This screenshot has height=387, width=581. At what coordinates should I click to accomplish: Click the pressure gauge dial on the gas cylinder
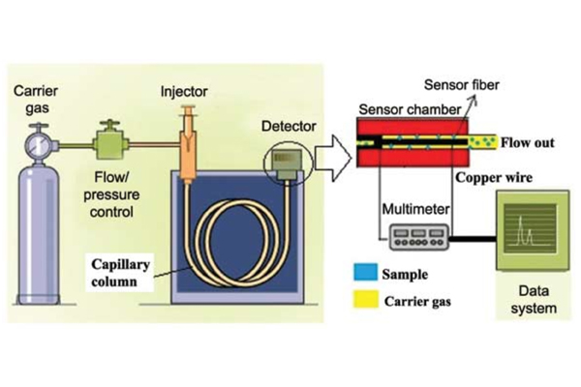[37, 145]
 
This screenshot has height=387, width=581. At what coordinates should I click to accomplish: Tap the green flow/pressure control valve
[110, 142]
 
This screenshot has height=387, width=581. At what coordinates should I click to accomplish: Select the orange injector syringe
[188, 144]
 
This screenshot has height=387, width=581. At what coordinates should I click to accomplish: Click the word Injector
[184, 92]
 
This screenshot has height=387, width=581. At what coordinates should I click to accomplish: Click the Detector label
[289, 127]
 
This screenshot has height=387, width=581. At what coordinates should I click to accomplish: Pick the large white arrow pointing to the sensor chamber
[333, 158]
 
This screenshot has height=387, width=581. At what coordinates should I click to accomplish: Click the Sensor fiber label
[462, 85]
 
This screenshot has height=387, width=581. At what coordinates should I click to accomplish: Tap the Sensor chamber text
[410, 109]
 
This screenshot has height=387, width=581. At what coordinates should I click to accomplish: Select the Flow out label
[528, 142]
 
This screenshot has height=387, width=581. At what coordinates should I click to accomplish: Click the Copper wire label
[494, 177]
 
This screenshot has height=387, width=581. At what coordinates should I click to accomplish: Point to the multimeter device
[419, 237]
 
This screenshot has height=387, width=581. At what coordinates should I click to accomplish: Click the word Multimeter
[415, 209]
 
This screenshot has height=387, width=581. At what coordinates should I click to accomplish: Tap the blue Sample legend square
[366, 272]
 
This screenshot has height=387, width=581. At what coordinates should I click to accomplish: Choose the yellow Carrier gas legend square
[366, 300]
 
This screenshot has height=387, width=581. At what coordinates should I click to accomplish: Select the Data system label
[534, 300]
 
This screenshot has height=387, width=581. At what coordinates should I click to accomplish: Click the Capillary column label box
[120, 273]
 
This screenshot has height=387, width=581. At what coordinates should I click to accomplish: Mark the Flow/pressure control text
[111, 194]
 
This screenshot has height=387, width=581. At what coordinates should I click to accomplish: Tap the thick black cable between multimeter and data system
[473, 239]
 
